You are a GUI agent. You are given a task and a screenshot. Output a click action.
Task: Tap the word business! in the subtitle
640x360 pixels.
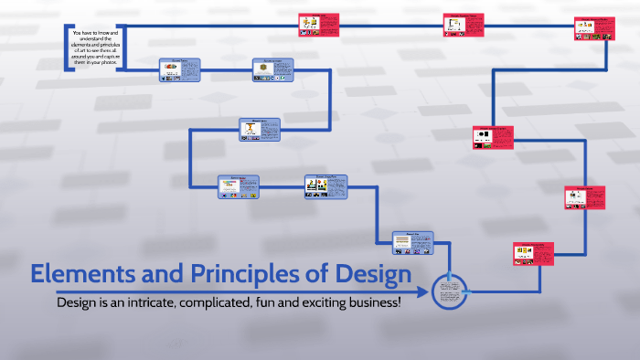click(x=372, y=302)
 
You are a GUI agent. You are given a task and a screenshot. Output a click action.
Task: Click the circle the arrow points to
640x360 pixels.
click(x=449, y=291)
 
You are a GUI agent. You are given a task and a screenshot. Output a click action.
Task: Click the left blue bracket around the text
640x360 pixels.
click(x=69, y=49)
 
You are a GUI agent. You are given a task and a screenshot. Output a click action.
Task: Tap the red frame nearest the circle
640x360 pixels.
click(x=532, y=253)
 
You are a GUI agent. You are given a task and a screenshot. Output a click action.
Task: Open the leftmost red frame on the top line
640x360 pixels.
click(x=319, y=25)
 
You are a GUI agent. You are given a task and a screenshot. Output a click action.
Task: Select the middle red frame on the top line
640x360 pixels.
click(x=463, y=25)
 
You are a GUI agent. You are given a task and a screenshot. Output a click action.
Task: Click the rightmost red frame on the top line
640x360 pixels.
click(x=593, y=28)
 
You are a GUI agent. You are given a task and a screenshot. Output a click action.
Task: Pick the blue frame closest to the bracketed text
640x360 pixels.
click(x=180, y=70)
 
